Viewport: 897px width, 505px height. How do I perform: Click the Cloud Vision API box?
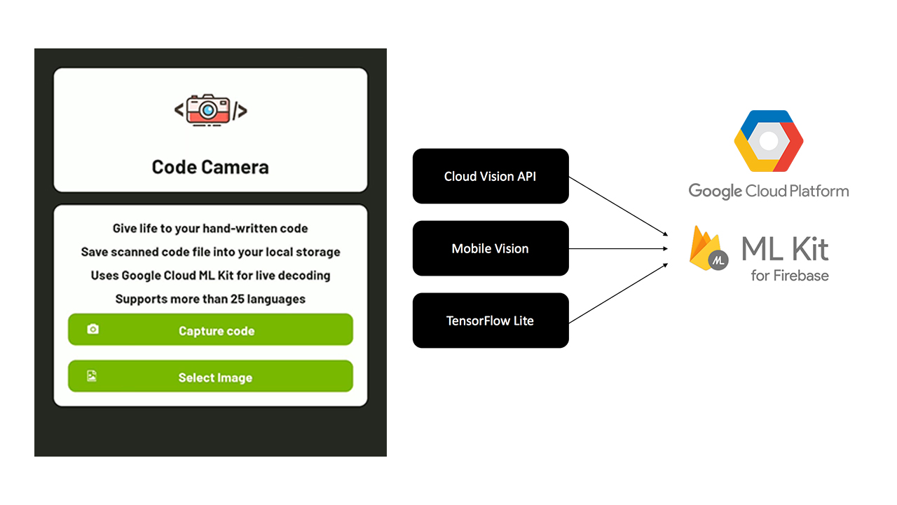point(490,176)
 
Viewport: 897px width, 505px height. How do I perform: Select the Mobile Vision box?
point(490,248)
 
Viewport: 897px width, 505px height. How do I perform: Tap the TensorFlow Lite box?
point(490,321)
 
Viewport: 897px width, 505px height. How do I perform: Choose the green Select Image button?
point(210,377)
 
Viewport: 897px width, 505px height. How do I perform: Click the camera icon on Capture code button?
point(93,329)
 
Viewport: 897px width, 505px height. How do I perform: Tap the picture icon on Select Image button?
point(92,376)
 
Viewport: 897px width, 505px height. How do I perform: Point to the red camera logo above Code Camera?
point(210,110)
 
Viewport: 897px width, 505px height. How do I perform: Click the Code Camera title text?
point(210,167)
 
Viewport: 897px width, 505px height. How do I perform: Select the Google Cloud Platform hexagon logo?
point(768,141)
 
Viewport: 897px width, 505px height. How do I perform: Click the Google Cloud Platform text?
point(768,191)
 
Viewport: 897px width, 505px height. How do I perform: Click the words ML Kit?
point(785,248)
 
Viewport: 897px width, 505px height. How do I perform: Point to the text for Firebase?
point(790,276)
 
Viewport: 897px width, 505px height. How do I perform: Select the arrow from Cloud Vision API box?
point(617,205)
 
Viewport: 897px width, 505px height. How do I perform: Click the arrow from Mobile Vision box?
point(617,248)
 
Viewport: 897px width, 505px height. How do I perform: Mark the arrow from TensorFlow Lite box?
point(617,292)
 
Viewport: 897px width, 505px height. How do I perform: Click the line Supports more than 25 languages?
point(210,299)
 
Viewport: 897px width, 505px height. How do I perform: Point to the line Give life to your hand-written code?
point(210,228)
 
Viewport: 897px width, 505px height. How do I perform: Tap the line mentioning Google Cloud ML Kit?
point(210,276)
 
